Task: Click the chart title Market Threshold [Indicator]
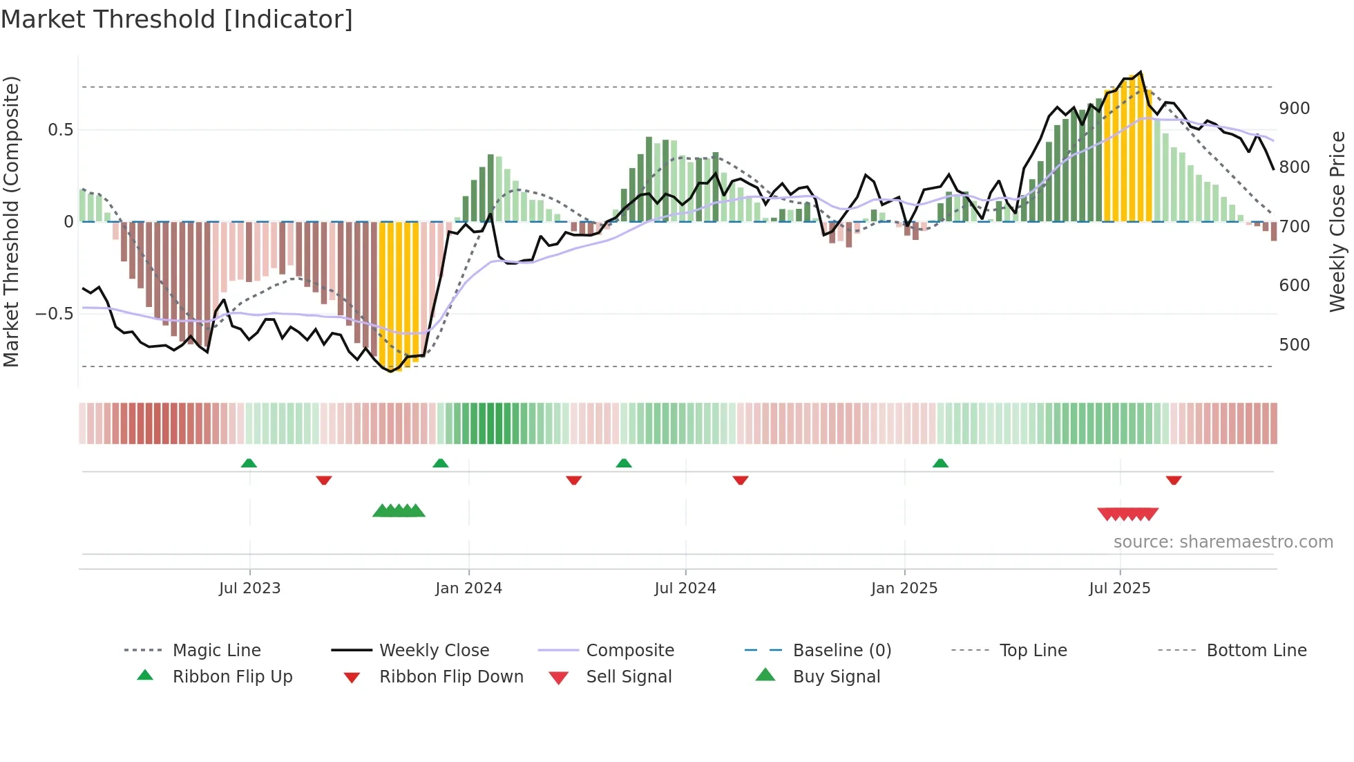pos(177,19)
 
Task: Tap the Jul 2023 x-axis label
pos(249,588)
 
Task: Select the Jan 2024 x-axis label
pos(468,588)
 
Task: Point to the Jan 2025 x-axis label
pos(904,588)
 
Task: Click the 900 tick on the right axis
pos(1294,109)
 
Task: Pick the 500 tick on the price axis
pos(1294,345)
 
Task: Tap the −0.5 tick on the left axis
pos(54,314)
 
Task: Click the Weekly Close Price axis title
pos(1338,221)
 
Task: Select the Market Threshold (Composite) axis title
pos(11,221)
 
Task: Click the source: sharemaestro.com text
pos(1223,542)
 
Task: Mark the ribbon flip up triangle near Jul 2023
pos(249,463)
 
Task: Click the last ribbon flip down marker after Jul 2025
pos(1173,480)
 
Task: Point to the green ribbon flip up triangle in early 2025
pos(940,463)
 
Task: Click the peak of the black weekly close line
pos(1141,72)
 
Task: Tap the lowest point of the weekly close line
pos(391,371)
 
